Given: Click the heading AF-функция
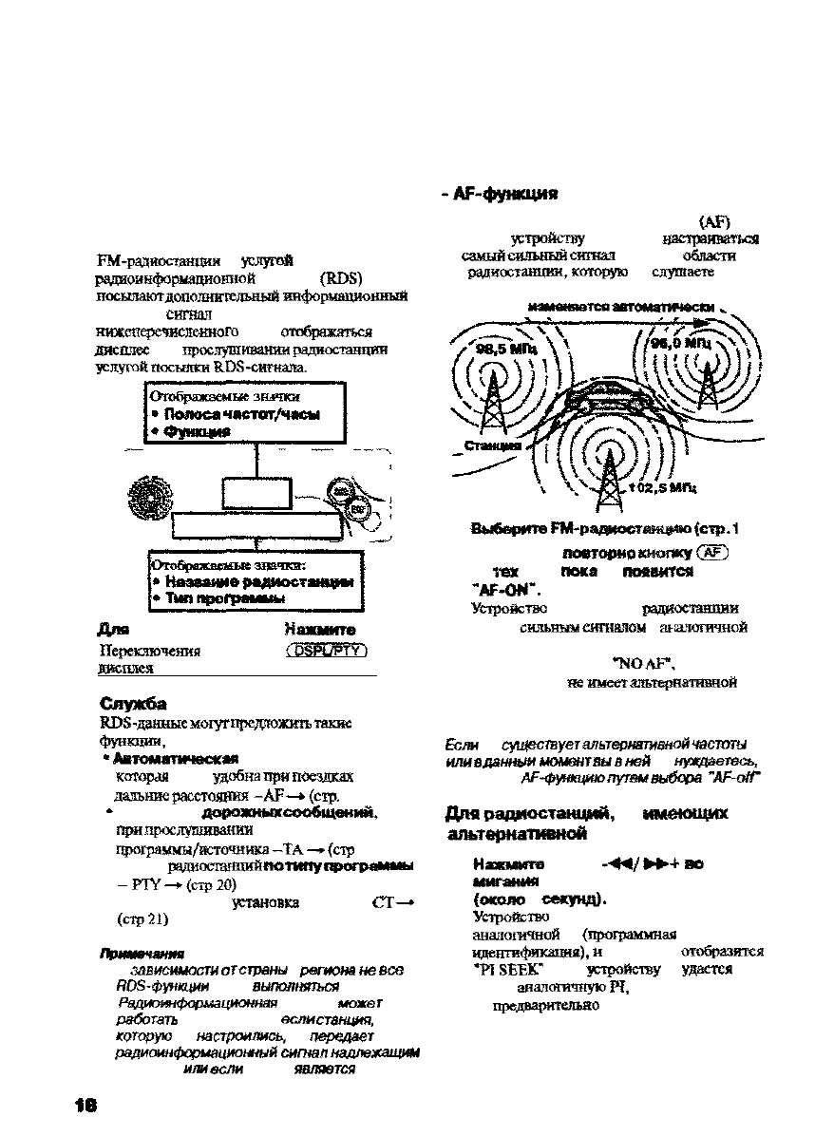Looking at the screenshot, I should [x=502, y=194].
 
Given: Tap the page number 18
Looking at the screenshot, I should [x=85, y=1107].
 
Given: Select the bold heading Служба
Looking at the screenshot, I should [x=134, y=704].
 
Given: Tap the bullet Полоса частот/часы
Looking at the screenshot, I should [x=241, y=414].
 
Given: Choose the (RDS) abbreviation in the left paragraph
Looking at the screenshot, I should [x=342, y=278].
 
